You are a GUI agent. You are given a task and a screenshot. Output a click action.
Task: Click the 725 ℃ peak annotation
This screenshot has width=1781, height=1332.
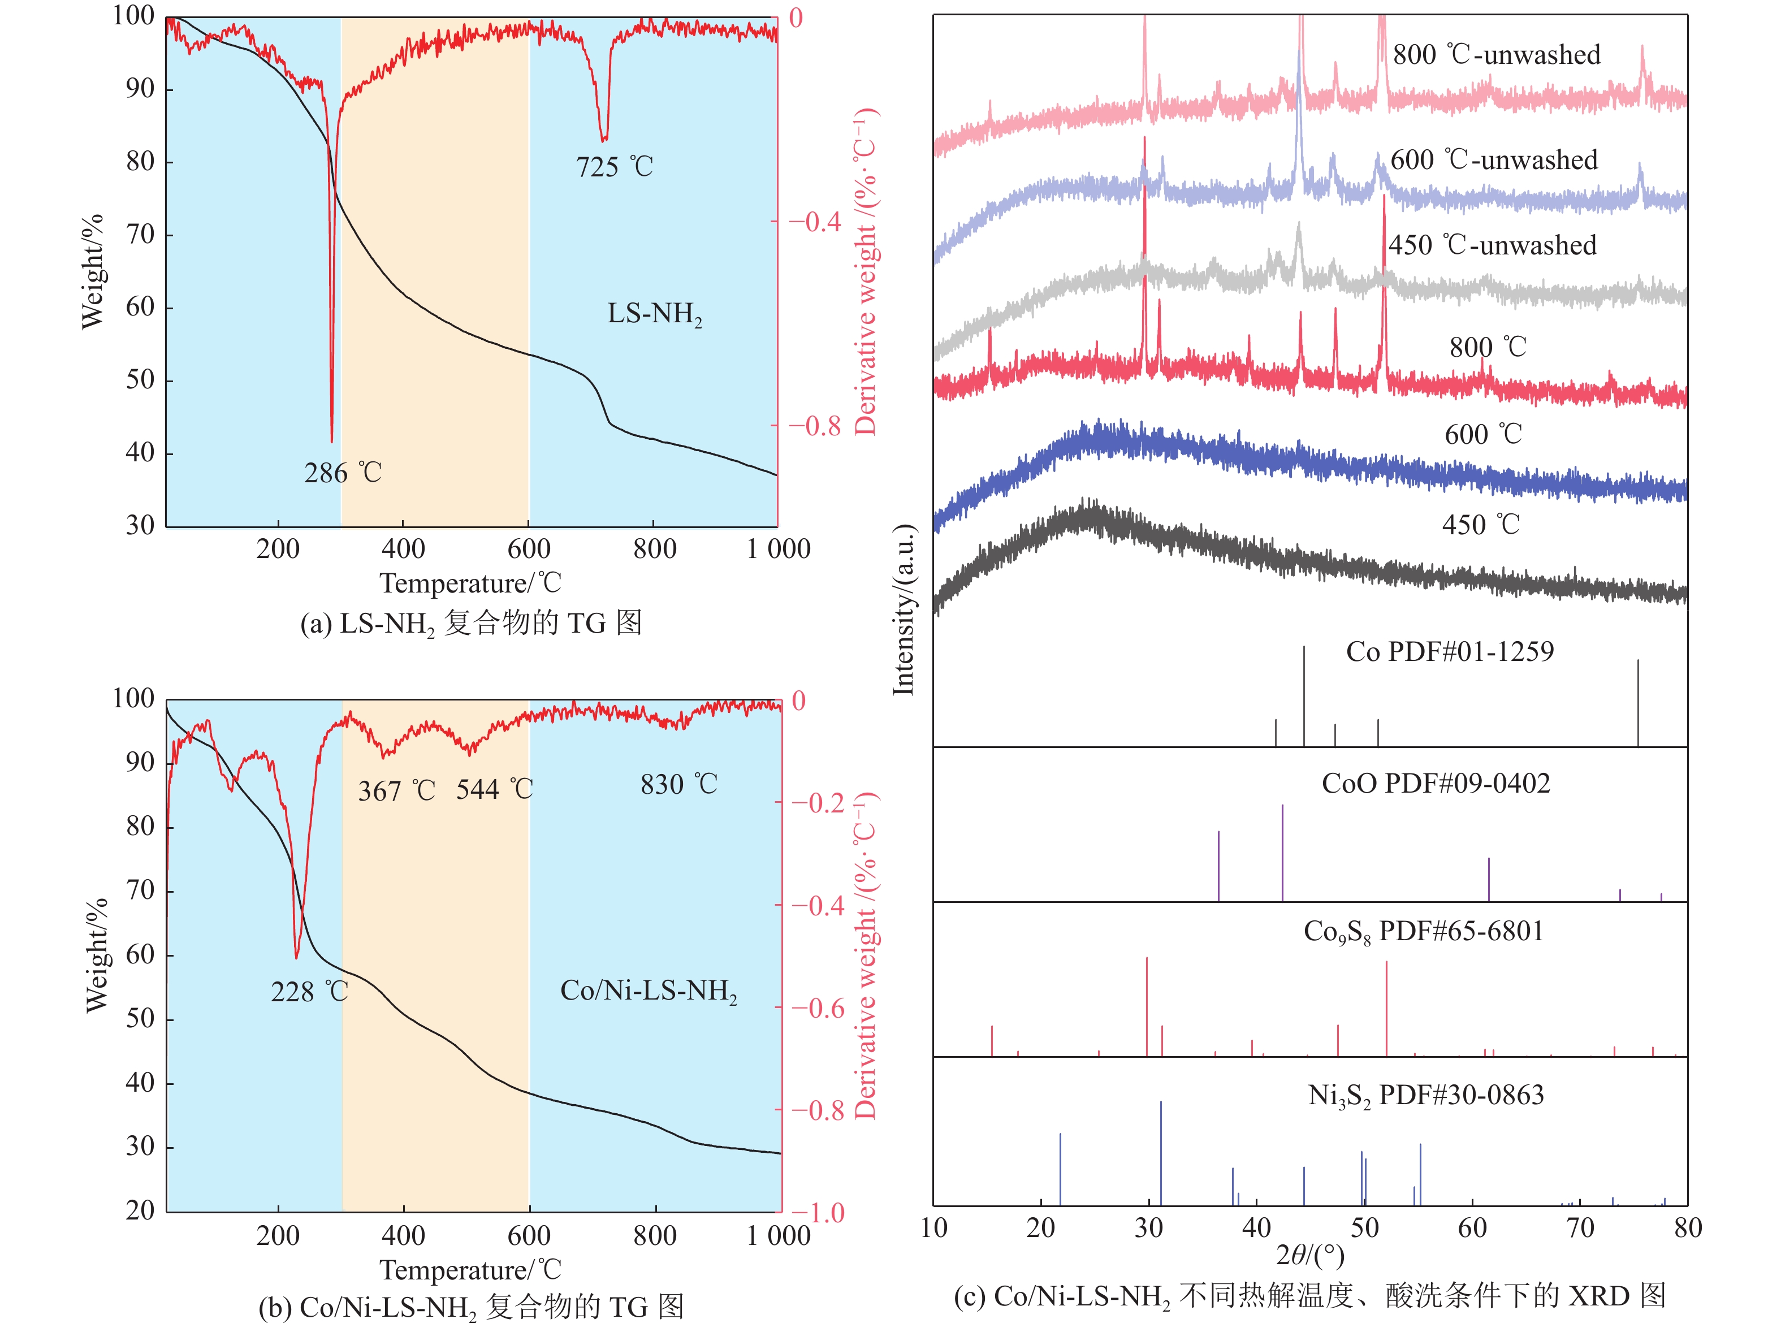[x=615, y=167]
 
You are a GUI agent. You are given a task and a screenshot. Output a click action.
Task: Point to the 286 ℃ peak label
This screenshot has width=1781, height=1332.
[x=342, y=473]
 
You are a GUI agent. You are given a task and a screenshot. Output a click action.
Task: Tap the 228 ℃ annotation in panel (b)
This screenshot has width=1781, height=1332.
[x=309, y=991]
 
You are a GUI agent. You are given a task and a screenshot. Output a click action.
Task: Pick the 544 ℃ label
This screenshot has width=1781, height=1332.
[x=494, y=789]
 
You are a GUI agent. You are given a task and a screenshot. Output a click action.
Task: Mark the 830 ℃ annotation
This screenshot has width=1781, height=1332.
[x=678, y=784]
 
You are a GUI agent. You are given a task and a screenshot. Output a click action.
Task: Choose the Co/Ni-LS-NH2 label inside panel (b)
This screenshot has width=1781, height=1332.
[x=648, y=991]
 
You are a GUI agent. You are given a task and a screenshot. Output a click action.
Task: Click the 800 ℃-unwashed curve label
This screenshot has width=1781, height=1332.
[x=1496, y=55]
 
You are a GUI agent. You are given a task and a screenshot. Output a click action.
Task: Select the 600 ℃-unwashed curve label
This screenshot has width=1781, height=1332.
[x=1494, y=159]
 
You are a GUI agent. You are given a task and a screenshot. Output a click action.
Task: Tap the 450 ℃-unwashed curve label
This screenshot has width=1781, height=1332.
[x=1492, y=245]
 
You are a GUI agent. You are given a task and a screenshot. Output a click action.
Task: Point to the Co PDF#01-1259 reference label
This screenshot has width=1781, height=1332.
[x=1449, y=651]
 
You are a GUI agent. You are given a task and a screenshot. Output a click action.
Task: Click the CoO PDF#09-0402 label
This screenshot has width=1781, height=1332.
[x=1436, y=784]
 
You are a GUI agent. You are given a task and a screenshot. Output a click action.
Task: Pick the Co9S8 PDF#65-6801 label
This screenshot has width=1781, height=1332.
[x=1423, y=932]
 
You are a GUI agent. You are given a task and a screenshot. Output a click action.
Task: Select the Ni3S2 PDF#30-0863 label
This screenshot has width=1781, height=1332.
[x=1426, y=1095]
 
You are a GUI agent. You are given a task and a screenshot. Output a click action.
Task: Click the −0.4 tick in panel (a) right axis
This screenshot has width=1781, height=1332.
[x=815, y=222]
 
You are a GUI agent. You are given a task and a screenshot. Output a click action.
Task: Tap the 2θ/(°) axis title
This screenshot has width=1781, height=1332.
[x=1310, y=1254]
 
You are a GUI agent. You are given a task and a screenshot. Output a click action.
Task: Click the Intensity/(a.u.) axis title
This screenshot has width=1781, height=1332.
[x=904, y=609]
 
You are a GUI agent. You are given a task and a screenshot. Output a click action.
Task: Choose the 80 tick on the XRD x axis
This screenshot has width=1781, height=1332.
[x=1688, y=1227]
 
